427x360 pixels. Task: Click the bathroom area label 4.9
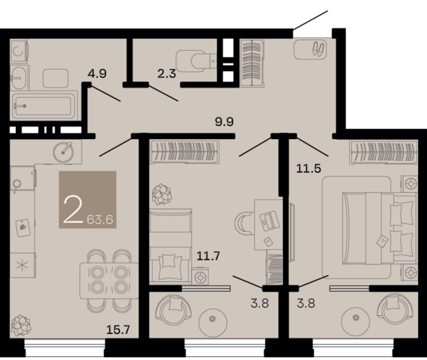[97, 73]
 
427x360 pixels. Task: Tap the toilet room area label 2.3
[166, 73]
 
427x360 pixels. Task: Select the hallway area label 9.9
[225, 122]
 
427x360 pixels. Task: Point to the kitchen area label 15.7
[118, 330]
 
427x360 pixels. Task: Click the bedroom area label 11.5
[309, 168]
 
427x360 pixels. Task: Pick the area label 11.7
[208, 256]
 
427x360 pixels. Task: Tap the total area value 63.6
[100, 219]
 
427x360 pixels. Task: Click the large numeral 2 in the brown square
[73, 210]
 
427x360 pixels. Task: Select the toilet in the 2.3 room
[196, 61]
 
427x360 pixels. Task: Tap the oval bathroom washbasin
[19, 78]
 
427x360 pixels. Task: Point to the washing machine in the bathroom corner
[19, 51]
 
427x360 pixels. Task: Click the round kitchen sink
[64, 153]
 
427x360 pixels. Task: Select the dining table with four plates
[109, 280]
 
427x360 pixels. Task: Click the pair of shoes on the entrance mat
[318, 49]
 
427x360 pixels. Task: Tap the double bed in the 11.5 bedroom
[380, 228]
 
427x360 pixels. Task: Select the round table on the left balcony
[213, 323]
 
